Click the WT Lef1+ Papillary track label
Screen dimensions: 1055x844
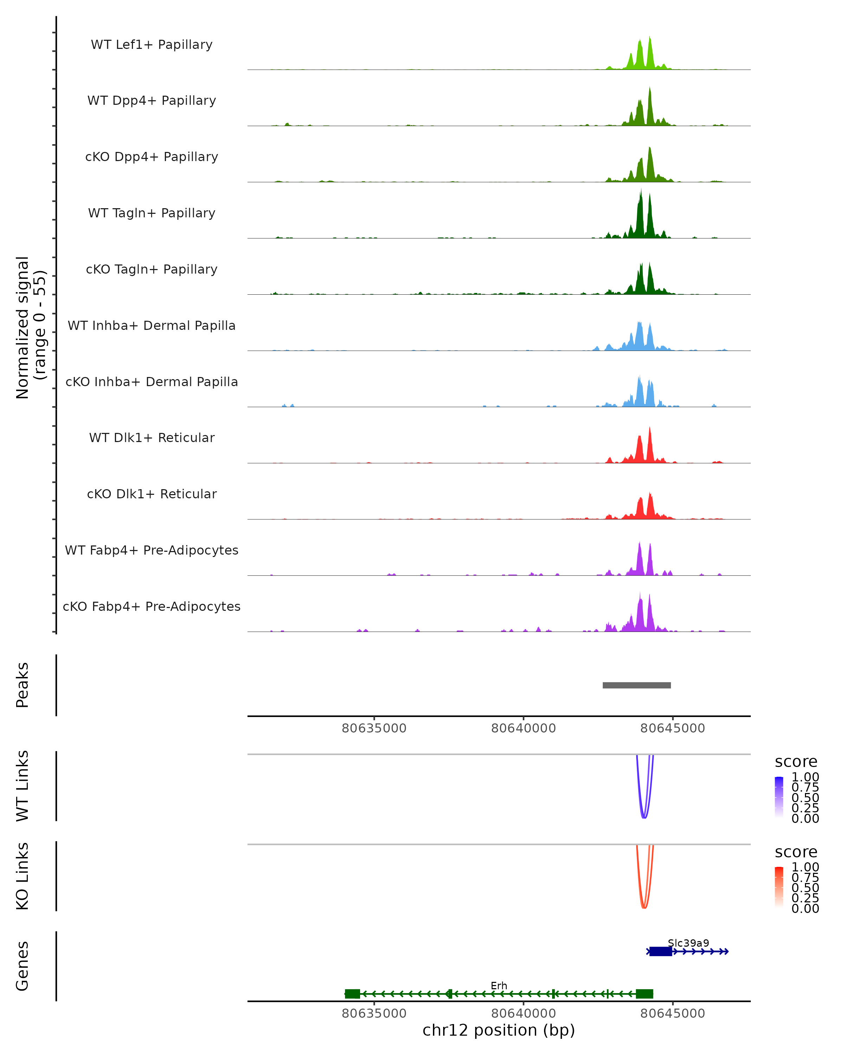pyautogui.click(x=152, y=45)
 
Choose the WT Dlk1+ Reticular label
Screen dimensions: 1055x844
pyautogui.click(x=152, y=437)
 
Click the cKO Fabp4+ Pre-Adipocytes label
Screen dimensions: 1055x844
pyautogui.click(x=152, y=606)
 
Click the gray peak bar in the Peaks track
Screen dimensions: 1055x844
pyautogui.click(x=637, y=685)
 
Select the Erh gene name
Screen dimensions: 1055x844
pyautogui.click(x=499, y=985)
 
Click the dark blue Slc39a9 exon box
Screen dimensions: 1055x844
pyautogui.click(x=660, y=951)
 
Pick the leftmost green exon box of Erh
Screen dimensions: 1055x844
pyautogui.click(x=352, y=994)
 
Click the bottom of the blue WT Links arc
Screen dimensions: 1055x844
pyautogui.click(x=644, y=817)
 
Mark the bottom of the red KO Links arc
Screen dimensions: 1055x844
pyautogui.click(x=644, y=908)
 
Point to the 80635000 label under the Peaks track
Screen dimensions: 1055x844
pyautogui.click(x=374, y=728)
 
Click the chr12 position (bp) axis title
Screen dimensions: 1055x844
pyautogui.click(x=499, y=1030)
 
